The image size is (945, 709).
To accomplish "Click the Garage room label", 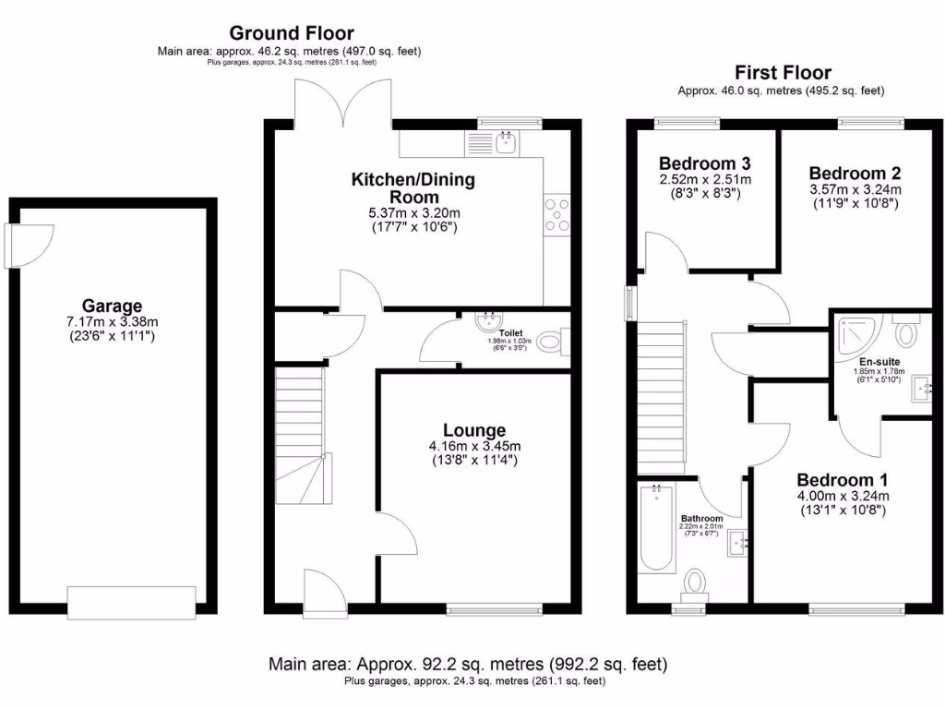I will (112, 306).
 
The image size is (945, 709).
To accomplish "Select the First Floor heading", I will (782, 72).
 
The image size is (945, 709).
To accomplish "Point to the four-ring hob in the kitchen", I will (556, 214).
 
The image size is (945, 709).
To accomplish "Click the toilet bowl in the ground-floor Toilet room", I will (552, 343).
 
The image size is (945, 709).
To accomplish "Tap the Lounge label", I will (473, 430).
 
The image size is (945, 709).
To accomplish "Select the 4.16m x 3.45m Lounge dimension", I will (474, 446).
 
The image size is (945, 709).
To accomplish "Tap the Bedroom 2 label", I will (855, 174).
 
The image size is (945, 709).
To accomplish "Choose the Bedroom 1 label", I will (843, 480).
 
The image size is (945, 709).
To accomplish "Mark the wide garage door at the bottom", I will (132, 603).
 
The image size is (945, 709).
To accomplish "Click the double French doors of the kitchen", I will (342, 102).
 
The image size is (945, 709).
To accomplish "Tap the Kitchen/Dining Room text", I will (413, 188).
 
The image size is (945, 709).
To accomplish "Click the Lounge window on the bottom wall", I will (495, 608).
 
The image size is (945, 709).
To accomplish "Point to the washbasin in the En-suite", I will (921, 389).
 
